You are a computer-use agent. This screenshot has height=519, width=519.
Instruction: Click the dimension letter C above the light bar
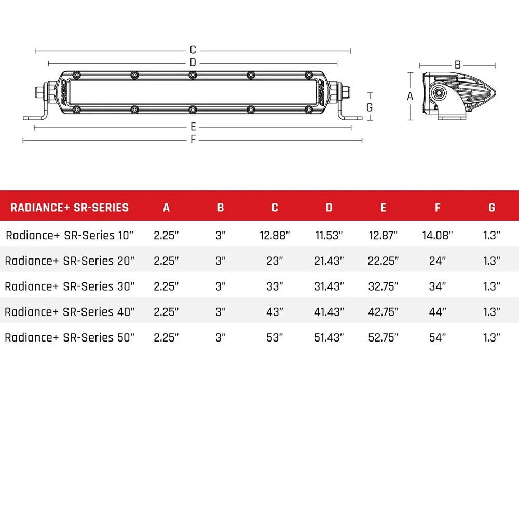(193, 50)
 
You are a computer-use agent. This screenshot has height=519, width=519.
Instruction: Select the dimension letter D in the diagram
(193, 63)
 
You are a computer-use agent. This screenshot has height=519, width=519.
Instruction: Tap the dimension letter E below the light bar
(193, 127)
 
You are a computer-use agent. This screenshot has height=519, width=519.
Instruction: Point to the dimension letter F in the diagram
(193, 140)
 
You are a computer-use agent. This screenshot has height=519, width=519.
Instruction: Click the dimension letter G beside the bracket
(370, 107)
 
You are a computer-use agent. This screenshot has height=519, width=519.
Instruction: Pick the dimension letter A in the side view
(410, 97)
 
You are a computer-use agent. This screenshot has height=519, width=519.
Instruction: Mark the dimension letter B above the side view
(457, 65)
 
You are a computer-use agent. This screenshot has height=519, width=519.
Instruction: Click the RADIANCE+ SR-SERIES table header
(70, 208)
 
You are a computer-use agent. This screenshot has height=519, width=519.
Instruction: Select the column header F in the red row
(438, 208)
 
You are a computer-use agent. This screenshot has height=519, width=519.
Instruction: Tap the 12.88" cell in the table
(275, 235)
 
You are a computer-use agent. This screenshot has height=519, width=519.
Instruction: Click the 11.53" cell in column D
(329, 235)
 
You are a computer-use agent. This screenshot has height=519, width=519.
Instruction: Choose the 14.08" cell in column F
(438, 235)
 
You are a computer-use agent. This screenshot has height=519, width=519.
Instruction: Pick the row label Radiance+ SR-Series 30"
(70, 286)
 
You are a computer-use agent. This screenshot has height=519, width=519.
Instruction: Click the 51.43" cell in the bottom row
(329, 337)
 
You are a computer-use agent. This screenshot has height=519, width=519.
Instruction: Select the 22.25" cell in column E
(383, 261)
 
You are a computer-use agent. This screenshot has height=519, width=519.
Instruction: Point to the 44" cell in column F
(438, 311)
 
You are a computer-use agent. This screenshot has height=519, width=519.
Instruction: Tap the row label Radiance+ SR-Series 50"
(70, 337)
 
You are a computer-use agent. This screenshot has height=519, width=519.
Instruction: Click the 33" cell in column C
(275, 286)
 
